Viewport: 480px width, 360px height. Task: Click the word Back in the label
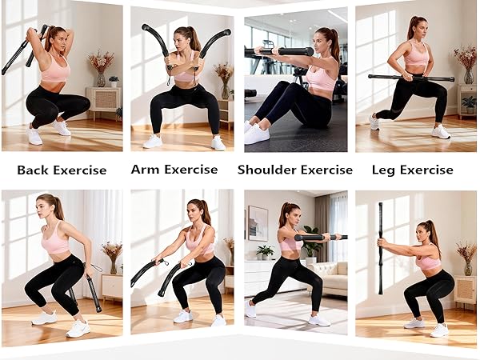click(34, 170)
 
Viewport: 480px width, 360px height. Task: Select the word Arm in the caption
click(145, 170)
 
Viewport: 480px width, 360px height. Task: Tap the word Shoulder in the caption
click(266, 170)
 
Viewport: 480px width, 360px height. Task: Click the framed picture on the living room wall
click(258, 222)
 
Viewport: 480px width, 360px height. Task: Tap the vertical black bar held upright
click(380, 248)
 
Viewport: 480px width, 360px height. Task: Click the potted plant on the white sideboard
click(265, 252)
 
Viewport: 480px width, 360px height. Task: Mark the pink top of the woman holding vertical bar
click(428, 262)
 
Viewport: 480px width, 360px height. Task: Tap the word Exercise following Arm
click(190, 170)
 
